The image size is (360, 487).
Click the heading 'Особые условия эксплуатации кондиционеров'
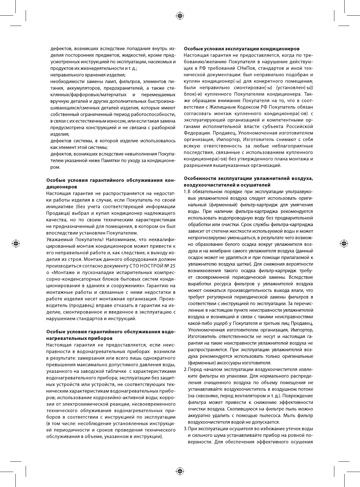[x=241, y=49]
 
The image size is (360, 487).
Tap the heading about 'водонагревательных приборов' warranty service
[x=111, y=335]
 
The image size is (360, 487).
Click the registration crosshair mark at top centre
[x=180, y=15]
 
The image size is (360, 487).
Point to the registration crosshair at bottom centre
[x=180, y=471]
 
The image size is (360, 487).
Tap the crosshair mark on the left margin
[x=16, y=243]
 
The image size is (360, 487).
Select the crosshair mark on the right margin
[x=344, y=243]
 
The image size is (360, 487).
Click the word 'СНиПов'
[x=248, y=68]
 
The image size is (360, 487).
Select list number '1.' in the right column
[x=185, y=192]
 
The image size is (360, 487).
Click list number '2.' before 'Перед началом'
[x=185, y=370]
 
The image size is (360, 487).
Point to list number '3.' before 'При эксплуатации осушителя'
[x=185, y=429]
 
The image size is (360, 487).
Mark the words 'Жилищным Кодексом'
[x=242, y=107]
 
